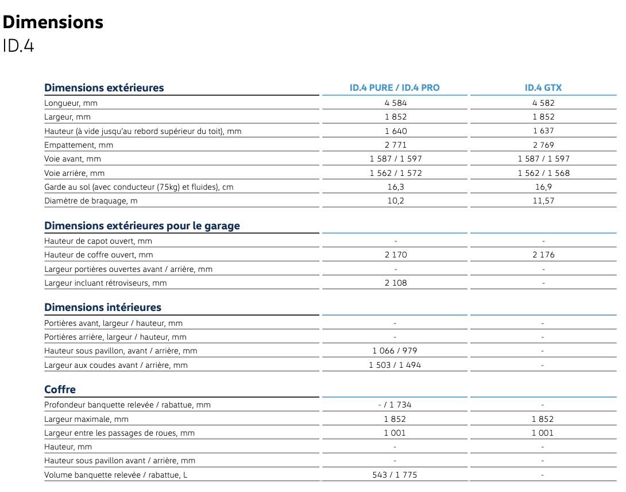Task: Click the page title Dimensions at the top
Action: tap(53, 22)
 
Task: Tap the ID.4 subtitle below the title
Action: tap(18, 46)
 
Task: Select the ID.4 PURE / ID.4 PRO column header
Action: tap(395, 88)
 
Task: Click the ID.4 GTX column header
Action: tap(543, 88)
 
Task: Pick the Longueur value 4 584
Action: tap(396, 103)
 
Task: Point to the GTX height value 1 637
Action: tap(543, 130)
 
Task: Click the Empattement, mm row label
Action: tap(79, 145)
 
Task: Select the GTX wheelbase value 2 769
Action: tap(543, 145)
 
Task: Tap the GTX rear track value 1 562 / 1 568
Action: tap(543, 173)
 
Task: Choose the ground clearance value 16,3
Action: tap(396, 187)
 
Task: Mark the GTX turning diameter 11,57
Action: tap(543, 201)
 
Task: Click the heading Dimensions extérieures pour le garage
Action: tap(142, 226)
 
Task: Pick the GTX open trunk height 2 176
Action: tap(543, 255)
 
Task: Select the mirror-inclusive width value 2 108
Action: tap(396, 283)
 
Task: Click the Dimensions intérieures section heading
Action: tap(103, 307)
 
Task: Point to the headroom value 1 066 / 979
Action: tap(395, 351)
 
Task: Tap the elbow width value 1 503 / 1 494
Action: tap(395, 365)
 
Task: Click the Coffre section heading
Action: tap(60, 390)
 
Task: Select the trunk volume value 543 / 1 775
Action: tap(395, 475)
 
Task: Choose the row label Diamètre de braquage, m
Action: tap(91, 201)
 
